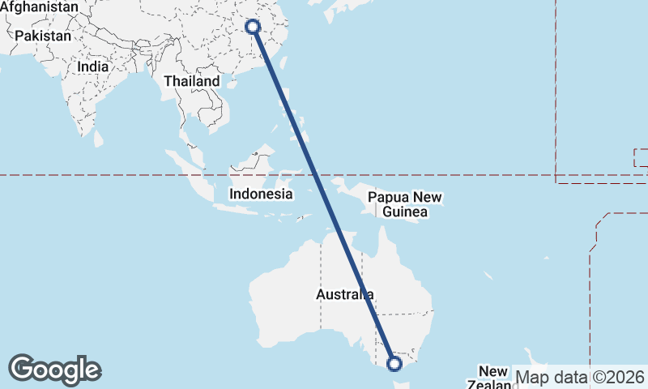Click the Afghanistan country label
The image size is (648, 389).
40,7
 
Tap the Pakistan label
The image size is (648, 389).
43,36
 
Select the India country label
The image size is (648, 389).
93,68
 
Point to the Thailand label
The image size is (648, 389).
192,81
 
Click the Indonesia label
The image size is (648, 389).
261,194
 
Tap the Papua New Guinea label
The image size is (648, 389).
405,205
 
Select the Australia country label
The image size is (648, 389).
344,294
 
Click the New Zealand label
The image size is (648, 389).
492,378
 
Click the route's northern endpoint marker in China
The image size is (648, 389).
253,27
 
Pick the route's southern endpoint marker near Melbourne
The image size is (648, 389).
394,364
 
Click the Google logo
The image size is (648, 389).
54,370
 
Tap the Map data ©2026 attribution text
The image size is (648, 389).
580,377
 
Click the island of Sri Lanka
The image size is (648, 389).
99,139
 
